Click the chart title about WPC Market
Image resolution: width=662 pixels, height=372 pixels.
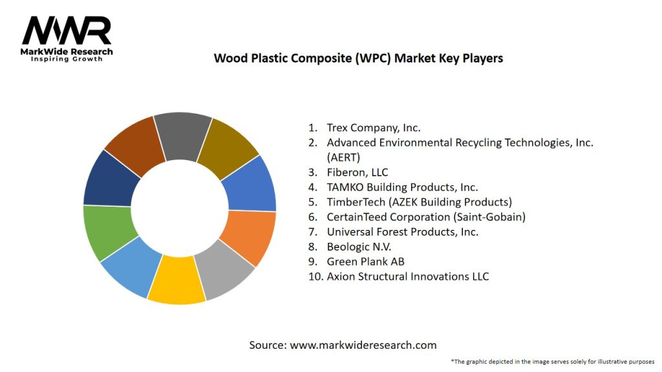point(358,58)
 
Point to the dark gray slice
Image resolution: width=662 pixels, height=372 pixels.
point(182,134)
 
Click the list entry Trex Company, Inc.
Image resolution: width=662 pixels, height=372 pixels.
point(374,128)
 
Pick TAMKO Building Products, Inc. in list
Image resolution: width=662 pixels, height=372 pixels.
point(402,187)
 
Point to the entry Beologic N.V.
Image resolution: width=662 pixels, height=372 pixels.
point(359,247)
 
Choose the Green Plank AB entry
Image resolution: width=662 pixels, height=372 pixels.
point(365,262)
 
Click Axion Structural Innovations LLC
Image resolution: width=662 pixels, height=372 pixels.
point(407,276)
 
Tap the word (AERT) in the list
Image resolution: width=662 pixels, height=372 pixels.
point(343,157)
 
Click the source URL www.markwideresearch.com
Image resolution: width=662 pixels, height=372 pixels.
point(363,345)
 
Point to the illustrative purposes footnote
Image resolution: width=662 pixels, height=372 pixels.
point(553,361)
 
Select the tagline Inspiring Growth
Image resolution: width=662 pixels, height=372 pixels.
point(67,59)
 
